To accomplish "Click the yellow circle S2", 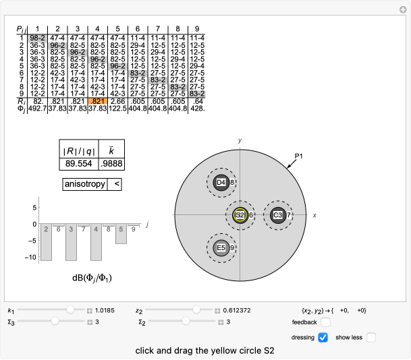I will point(239,215).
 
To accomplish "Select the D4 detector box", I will point(221,182).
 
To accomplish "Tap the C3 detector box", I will point(277,215).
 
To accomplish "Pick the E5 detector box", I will point(221,248).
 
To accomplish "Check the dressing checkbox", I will point(323,337).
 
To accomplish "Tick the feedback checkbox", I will point(325,323).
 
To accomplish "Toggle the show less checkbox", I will point(371,337).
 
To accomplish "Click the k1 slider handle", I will point(70,310).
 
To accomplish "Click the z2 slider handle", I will point(196,310).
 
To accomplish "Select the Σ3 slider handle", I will point(54,322).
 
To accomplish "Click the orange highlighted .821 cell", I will point(97,100).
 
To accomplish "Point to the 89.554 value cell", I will point(78,164).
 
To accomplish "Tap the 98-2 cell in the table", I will point(38,36).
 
